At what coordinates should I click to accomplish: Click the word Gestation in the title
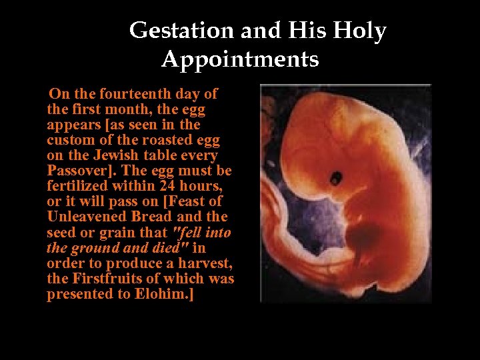171,31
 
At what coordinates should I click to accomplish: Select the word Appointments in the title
240,59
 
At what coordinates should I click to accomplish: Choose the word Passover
75,171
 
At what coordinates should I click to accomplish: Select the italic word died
171,247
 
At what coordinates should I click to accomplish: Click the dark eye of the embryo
337,177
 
